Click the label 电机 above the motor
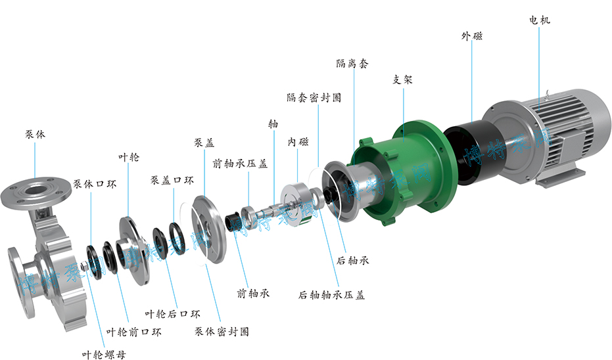click(540, 20)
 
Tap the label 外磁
click(471, 36)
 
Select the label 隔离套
click(352, 64)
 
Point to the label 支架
click(402, 80)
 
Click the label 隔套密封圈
click(314, 97)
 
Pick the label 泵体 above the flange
click(35, 135)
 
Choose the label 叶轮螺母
click(104, 355)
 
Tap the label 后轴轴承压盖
click(331, 295)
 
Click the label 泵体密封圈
click(222, 332)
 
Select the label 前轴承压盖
click(240, 164)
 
